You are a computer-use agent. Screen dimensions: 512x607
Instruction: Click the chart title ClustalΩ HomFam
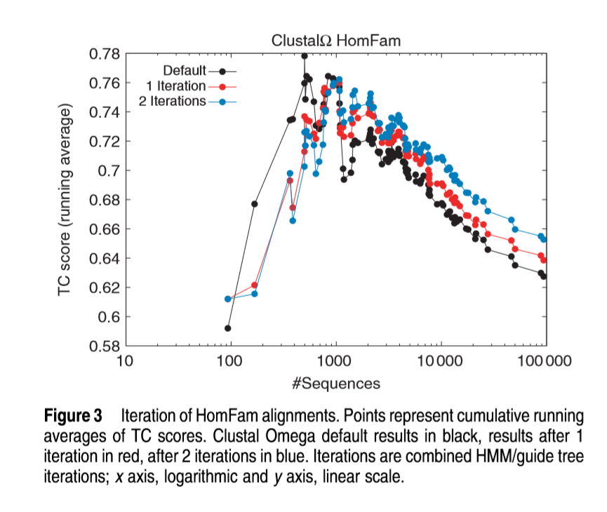336,41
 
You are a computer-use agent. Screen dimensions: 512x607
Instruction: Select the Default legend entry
185,71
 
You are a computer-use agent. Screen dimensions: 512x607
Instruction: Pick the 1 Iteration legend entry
176,86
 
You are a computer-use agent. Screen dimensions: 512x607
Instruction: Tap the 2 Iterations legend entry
173,101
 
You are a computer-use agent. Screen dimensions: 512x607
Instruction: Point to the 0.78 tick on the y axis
105,54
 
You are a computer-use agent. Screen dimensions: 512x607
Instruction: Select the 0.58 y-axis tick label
105,346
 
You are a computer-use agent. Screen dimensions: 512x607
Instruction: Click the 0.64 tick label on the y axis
105,259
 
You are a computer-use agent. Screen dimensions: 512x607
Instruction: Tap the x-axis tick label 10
124,362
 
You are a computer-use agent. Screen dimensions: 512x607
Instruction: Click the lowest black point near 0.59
228,328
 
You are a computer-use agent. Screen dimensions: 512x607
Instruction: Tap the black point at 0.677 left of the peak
255,204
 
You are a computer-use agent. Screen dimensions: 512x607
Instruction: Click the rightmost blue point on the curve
543,239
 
